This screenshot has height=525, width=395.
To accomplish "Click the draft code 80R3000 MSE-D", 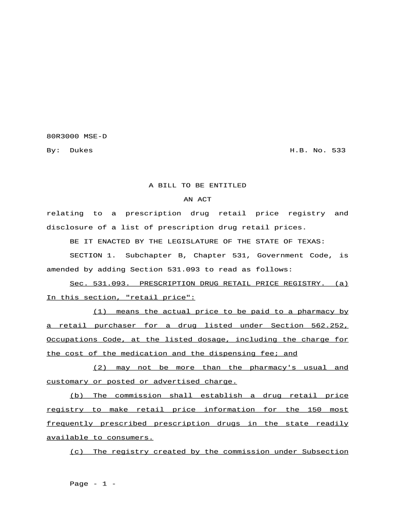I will (76, 136).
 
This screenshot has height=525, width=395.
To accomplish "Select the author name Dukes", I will (81, 150).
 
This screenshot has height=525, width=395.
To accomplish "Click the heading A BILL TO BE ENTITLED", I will (197, 186).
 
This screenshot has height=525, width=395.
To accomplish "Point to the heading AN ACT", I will (197, 199).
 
